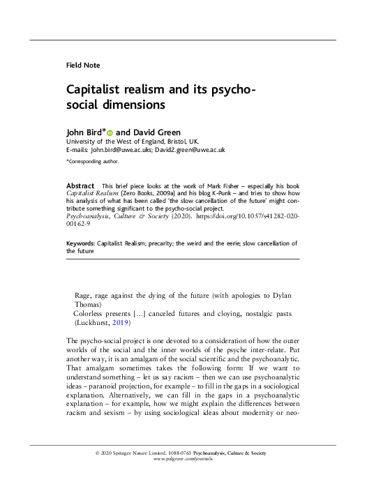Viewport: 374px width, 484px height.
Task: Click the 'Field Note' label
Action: [x=83, y=65]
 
